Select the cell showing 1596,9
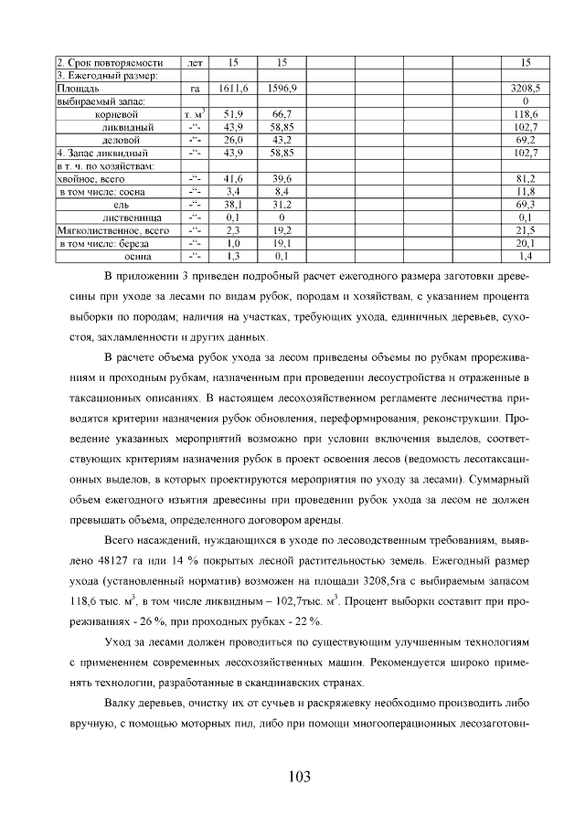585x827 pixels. pyautogui.click(x=281, y=90)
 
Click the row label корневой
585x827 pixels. pyautogui.click(x=116, y=115)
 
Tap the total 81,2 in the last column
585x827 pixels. pyautogui.click(x=526, y=180)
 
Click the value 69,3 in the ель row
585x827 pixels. pyautogui.click(x=526, y=206)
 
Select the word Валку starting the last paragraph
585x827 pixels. pyautogui.click(x=123, y=705)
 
